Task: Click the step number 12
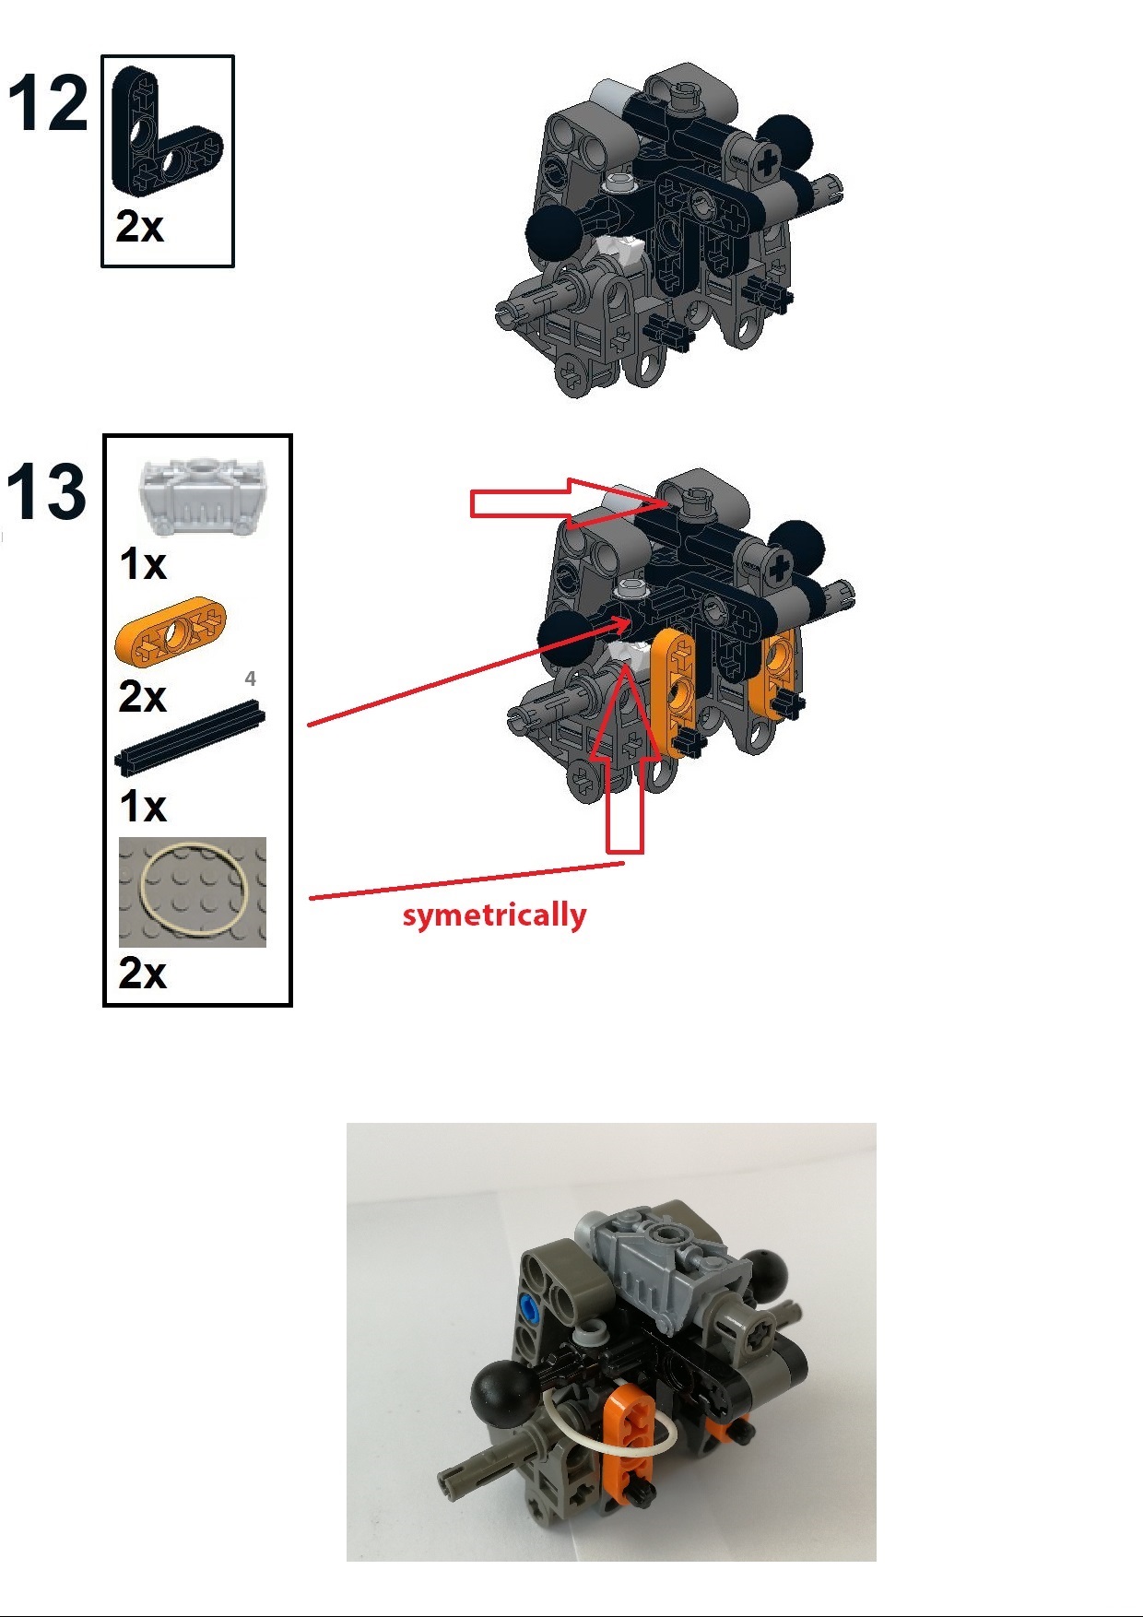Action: coord(48,103)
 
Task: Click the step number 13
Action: coord(46,492)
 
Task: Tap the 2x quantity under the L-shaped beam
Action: coord(139,227)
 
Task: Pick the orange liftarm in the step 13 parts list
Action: coord(171,631)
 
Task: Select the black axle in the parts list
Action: coord(190,735)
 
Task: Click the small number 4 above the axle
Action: coord(250,679)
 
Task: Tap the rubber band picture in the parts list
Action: coord(193,891)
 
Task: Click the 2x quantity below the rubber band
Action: coord(142,974)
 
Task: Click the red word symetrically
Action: coord(494,915)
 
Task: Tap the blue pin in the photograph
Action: coord(529,1304)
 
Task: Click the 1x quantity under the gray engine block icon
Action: coord(143,563)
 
